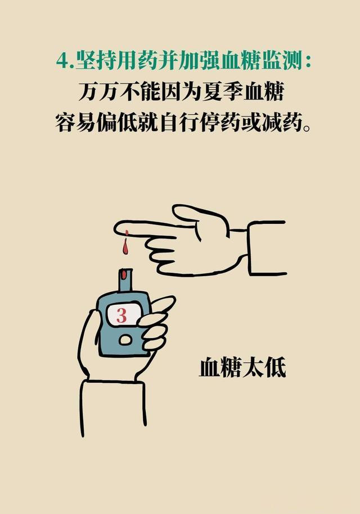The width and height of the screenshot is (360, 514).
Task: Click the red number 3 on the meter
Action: pyautogui.click(x=121, y=315)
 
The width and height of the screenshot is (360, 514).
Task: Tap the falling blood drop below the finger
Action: pyautogui.click(x=125, y=248)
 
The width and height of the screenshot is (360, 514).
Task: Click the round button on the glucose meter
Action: pyautogui.click(x=125, y=340)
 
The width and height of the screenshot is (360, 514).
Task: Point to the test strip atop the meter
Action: pyautogui.click(x=125, y=280)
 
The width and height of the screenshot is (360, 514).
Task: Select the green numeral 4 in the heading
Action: pyautogui.click(x=62, y=61)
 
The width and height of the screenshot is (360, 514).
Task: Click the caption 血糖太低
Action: pyautogui.click(x=242, y=368)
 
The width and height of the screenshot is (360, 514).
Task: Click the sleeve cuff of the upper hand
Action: pyautogui.click(x=267, y=248)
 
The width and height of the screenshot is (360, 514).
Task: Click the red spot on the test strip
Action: pyautogui.click(x=124, y=274)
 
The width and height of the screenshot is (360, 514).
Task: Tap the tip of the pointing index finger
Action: pyautogui.click(x=115, y=228)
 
